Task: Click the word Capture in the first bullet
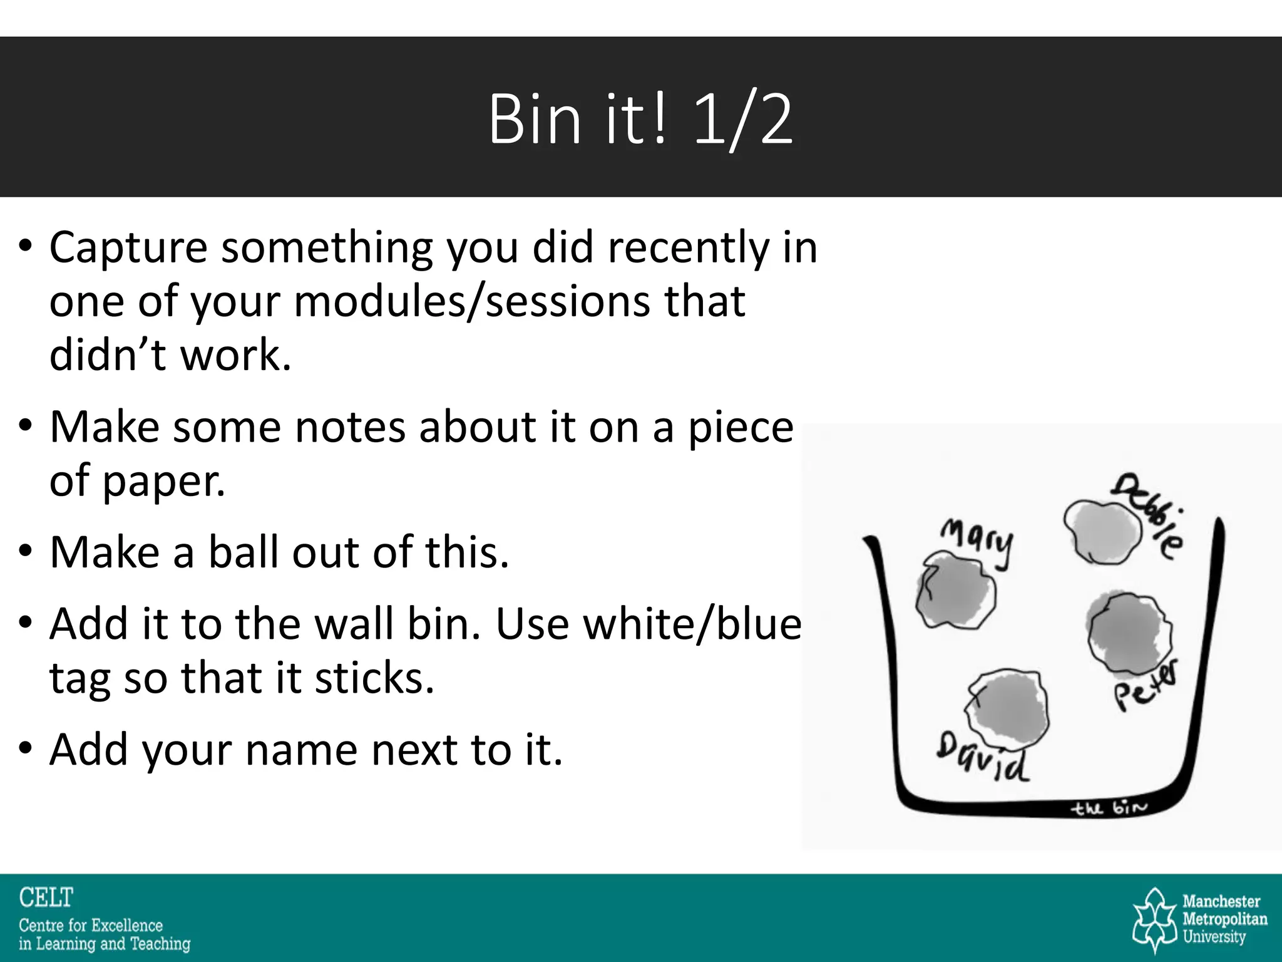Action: tap(128, 248)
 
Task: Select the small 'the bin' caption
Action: tap(1109, 809)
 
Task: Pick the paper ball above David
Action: tap(1007, 705)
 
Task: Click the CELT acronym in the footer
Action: tap(46, 898)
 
